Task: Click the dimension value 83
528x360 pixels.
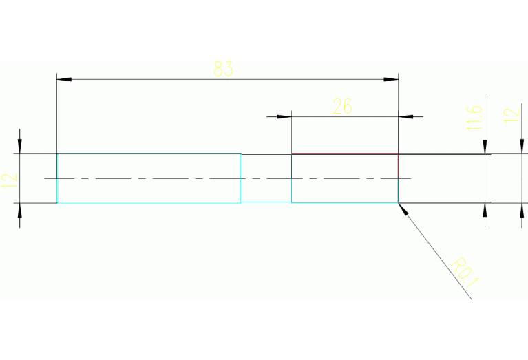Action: pyautogui.click(x=224, y=69)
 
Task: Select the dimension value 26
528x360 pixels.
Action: pyautogui.click(x=342, y=106)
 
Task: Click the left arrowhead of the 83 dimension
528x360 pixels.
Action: pyautogui.click(x=64, y=80)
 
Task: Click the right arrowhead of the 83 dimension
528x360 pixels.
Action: pyautogui.click(x=391, y=80)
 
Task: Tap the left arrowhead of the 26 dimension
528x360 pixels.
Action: pyautogui.click(x=284, y=116)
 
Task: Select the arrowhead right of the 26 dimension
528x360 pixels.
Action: pyautogui.click(x=407, y=116)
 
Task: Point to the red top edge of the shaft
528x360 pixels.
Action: pyautogui.click(x=344, y=154)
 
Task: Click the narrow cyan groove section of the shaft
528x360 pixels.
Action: pyautogui.click(x=266, y=178)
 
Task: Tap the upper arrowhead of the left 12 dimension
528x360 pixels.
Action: pyautogui.click(x=20, y=147)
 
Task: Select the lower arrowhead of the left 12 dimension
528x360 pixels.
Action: pyautogui.click(x=20, y=211)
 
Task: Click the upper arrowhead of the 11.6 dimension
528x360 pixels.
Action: pyautogui.click(x=485, y=147)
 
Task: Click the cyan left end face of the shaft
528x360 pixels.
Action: pyautogui.click(x=57, y=178)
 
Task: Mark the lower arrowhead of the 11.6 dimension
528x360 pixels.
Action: pyautogui.click(x=485, y=211)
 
